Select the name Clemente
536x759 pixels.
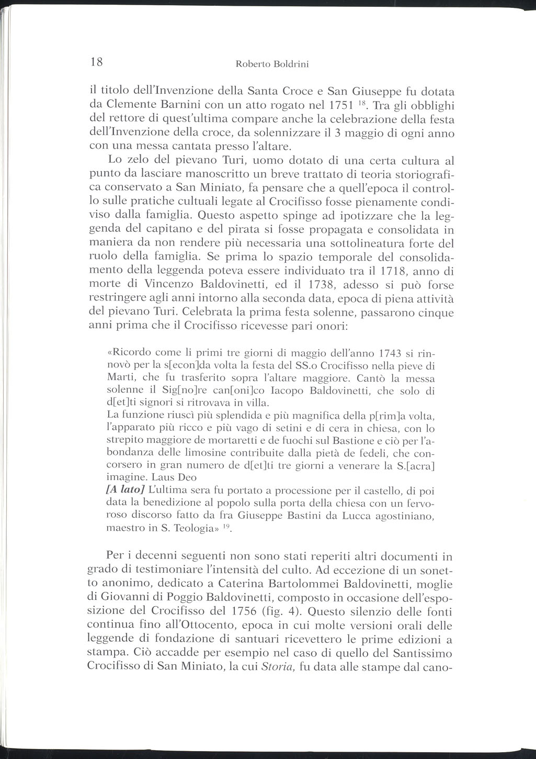(x=133, y=101)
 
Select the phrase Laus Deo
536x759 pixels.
(x=174, y=477)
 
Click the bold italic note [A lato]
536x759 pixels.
(x=126, y=490)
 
